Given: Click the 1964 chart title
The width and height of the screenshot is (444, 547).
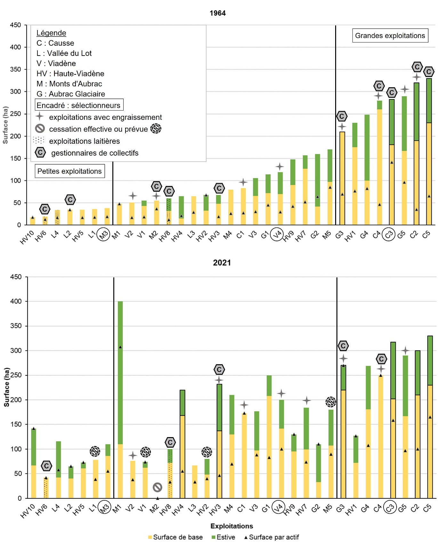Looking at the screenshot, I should [217, 13].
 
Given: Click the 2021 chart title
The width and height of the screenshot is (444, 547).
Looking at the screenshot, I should [222, 263].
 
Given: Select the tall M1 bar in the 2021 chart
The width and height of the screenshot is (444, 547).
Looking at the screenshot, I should [120, 399].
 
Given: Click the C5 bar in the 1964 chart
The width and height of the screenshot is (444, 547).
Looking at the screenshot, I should [429, 152].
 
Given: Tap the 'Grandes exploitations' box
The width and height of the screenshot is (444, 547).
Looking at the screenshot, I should [390, 35].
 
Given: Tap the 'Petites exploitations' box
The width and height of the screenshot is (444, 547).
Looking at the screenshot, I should [69, 171].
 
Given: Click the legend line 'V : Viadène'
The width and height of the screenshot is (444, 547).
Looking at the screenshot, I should [56, 63].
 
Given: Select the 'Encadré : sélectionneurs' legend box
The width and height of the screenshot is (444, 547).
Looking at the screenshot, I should [79, 105].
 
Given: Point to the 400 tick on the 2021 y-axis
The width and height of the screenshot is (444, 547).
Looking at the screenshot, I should [16, 301].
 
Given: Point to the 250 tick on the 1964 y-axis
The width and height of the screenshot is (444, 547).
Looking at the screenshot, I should [15, 114].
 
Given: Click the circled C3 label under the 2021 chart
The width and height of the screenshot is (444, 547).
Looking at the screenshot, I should [390, 507].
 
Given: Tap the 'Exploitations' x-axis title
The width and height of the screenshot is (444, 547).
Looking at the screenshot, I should [231, 526].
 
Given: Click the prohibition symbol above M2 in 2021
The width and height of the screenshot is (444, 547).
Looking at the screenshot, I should [157, 487].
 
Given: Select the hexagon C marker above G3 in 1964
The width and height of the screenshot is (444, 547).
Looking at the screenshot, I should [342, 116].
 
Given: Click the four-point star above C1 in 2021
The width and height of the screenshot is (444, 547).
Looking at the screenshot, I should [244, 405].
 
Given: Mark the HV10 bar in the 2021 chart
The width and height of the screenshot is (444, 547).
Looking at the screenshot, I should [33, 463].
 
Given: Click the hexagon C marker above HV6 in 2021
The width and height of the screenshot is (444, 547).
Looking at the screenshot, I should [46, 466].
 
